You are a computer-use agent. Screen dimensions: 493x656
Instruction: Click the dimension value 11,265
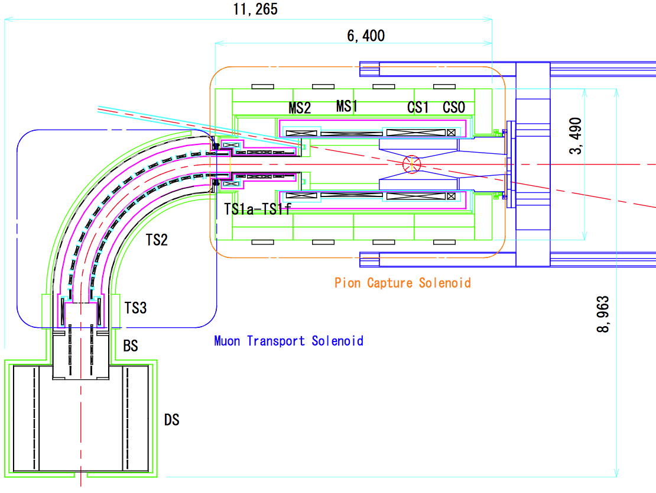[x=255, y=9]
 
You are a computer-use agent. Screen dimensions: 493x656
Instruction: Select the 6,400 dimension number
[x=366, y=36]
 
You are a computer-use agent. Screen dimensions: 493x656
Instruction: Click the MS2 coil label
[x=300, y=108]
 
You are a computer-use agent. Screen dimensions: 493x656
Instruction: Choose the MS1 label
[x=348, y=107]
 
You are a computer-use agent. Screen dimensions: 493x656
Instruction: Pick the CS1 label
[x=418, y=108]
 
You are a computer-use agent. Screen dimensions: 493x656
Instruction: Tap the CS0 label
[x=454, y=108]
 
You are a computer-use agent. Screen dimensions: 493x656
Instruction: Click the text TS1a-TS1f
[x=258, y=208]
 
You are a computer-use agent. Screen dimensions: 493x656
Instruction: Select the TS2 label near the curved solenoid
[x=157, y=240]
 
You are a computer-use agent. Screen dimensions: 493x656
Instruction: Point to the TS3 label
[x=136, y=308]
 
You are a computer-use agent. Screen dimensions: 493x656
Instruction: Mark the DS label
[x=171, y=420]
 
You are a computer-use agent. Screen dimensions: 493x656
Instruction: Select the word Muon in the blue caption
[x=228, y=341]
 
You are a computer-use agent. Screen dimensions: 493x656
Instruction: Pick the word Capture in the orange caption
[x=390, y=283]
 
